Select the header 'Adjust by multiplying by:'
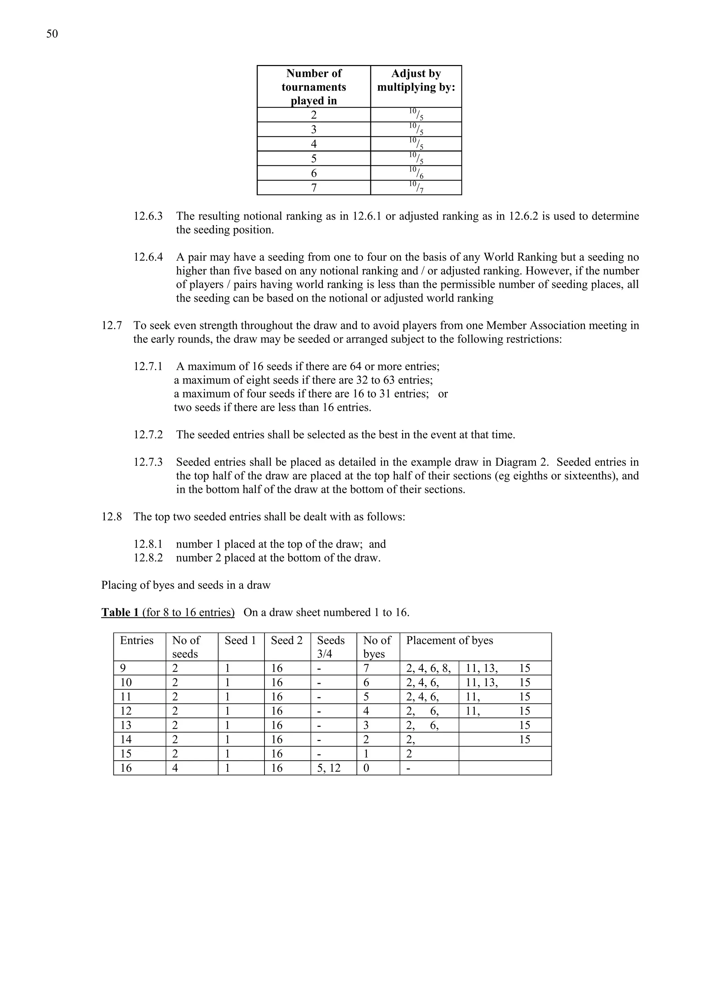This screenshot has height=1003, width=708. coord(416,80)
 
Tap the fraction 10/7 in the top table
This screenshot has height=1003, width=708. coord(416,187)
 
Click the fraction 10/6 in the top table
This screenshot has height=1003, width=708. coord(416,173)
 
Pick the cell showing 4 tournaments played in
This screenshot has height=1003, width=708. coord(314,144)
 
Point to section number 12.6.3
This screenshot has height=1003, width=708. coord(148,216)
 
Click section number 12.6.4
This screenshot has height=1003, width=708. coord(148,257)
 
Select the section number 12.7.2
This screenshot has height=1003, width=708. coord(148,435)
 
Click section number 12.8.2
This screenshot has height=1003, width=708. coord(148,558)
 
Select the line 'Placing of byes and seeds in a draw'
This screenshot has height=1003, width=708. coord(186,585)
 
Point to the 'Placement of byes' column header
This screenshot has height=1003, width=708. coord(449,640)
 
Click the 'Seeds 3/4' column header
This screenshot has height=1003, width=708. coord(330,647)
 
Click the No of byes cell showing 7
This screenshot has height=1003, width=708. coord(366,668)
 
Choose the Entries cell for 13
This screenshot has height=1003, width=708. coord(126,725)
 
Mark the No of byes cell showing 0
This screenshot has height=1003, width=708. coord(366,768)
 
